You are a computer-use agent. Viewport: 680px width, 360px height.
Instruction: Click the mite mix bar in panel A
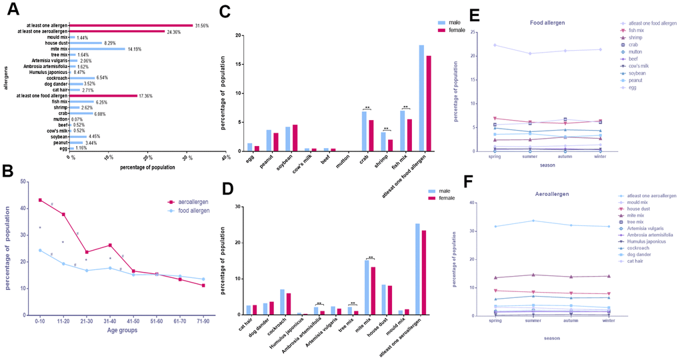97,49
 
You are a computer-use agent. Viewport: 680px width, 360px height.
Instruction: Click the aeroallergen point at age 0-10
40,200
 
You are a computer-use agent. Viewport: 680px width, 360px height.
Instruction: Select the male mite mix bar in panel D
366,287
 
